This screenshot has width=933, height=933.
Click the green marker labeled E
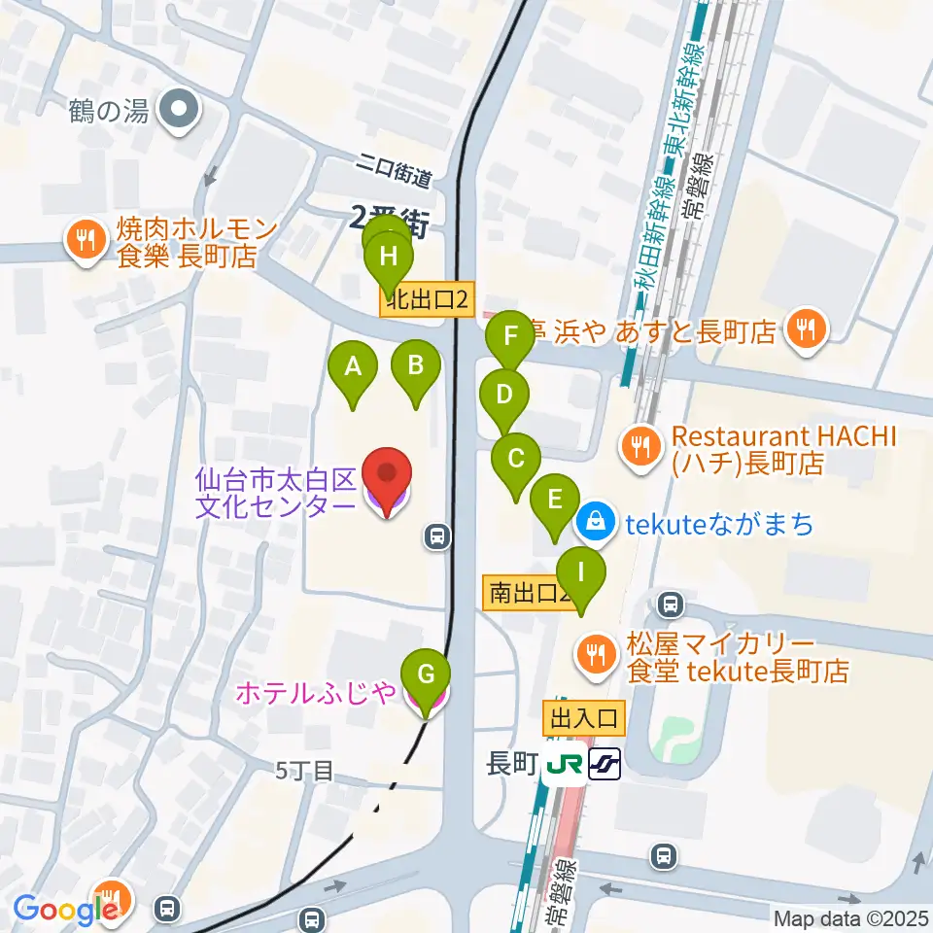click(x=555, y=501)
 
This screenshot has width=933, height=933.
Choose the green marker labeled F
click(x=510, y=339)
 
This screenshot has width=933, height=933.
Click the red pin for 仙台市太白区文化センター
click(x=387, y=476)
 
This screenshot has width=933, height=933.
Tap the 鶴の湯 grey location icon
click(x=179, y=111)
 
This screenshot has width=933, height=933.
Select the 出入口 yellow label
click(x=584, y=719)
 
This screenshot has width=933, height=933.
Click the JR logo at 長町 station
click(x=565, y=765)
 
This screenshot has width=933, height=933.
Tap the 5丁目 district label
click(x=304, y=772)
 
